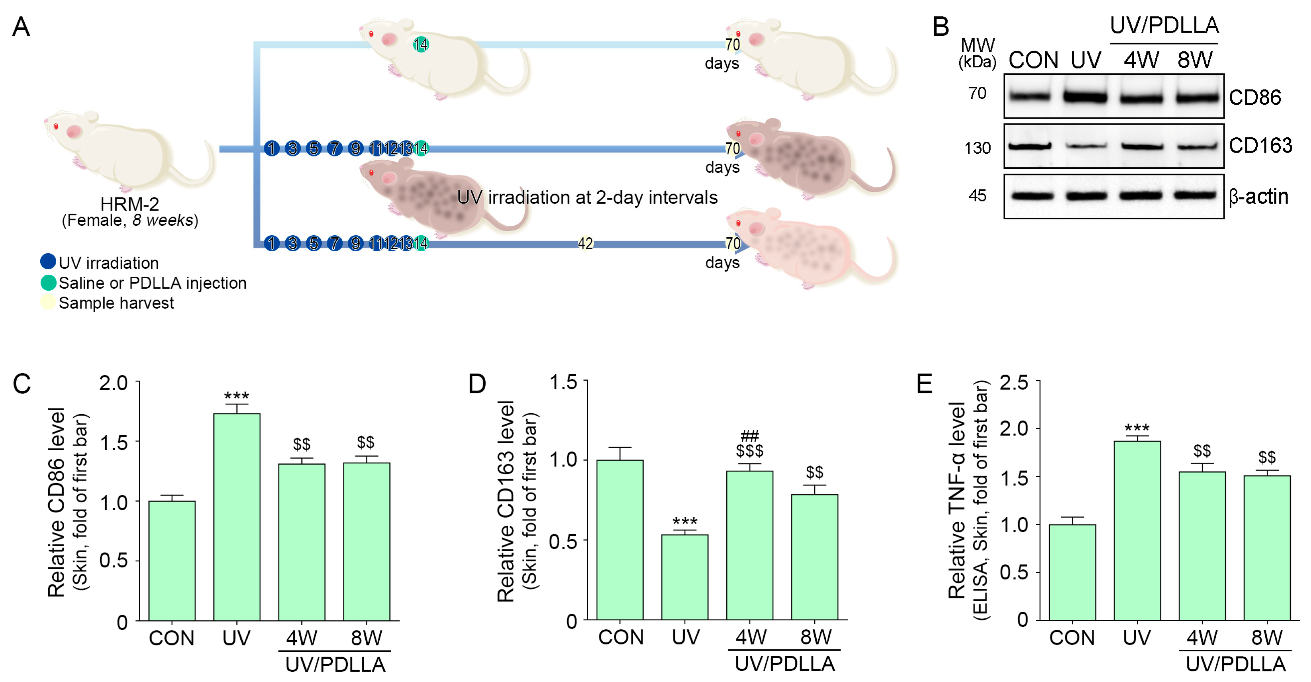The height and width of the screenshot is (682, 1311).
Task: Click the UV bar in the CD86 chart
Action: click(x=237, y=517)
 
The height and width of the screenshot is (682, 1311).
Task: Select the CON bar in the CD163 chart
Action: click(x=620, y=539)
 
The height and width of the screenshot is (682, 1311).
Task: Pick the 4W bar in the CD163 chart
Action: click(x=750, y=545)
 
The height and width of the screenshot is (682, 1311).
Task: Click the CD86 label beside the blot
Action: click(x=1254, y=97)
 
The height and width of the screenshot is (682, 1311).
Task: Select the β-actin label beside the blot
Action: click(x=1258, y=196)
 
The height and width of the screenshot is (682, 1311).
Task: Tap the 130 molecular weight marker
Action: click(x=977, y=148)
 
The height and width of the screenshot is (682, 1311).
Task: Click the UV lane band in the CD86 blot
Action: click(x=1086, y=97)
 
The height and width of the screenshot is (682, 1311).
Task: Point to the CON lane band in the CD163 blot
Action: click(x=1030, y=147)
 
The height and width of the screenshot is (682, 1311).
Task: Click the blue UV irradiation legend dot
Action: click(x=48, y=262)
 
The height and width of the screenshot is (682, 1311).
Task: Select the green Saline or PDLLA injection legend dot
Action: click(x=48, y=282)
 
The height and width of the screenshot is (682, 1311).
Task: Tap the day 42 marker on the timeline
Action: click(x=585, y=244)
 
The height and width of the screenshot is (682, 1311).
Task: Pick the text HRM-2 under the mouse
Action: click(x=130, y=204)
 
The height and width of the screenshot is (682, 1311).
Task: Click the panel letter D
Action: click(x=477, y=384)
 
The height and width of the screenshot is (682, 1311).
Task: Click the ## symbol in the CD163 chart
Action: click(x=750, y=436)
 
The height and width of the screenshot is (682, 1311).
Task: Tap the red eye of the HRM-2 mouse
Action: click(x=56, y=126)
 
